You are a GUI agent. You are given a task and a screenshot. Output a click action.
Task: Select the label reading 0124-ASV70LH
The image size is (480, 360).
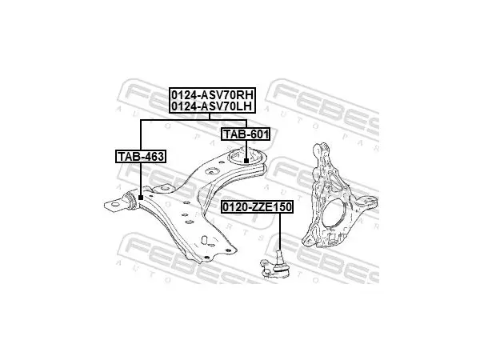212,106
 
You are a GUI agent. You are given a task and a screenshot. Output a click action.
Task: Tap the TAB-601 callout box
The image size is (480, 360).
246,134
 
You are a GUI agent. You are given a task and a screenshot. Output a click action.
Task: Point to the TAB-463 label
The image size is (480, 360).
141,157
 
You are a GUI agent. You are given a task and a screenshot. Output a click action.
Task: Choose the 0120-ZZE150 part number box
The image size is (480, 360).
257,207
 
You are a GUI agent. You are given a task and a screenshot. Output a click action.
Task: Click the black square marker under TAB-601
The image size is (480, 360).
246,161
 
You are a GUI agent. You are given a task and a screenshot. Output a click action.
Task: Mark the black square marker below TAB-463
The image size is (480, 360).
141,198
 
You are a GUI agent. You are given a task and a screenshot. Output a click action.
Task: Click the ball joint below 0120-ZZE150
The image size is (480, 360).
274,264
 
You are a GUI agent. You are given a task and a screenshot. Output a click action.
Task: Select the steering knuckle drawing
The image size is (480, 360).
339,195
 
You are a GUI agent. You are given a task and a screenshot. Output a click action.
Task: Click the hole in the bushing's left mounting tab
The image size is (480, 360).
114,204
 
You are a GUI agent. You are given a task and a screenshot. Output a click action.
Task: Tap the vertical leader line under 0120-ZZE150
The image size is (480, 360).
279,232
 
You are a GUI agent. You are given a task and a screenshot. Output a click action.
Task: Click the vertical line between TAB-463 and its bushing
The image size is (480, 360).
141,179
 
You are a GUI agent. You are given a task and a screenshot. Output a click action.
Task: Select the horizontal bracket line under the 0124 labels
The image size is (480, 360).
194,120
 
